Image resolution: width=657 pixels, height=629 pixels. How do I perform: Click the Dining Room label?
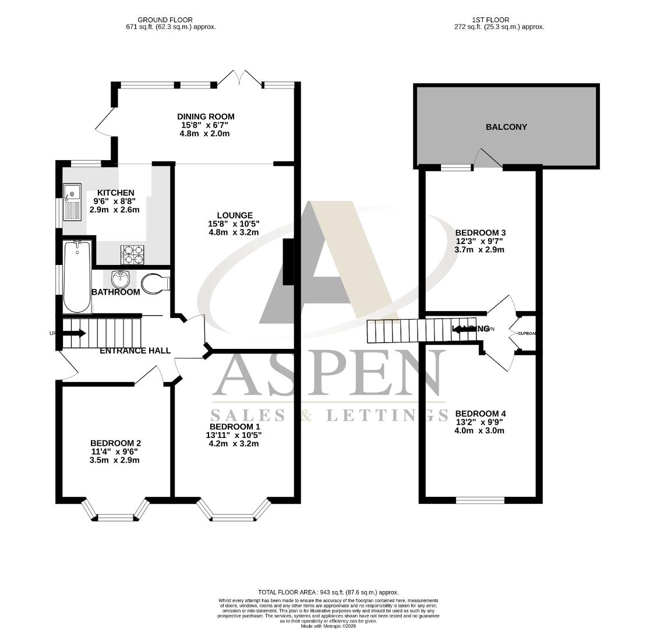click(x=206, y=116)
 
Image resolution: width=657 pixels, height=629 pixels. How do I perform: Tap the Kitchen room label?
click(x=115, y=193)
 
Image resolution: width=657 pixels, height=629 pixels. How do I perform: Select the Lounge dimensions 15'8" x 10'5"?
click(x=233, y=224)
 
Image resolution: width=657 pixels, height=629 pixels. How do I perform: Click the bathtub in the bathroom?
click(x=77, y=277)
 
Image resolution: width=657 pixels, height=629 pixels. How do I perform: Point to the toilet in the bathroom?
click(x=154, y=284)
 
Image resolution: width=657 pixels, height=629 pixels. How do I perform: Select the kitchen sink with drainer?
click(x=72, y=202)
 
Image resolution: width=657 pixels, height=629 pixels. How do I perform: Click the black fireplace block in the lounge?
click(x=288, y=262)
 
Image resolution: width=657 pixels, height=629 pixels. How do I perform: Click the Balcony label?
click(x=506, y=127)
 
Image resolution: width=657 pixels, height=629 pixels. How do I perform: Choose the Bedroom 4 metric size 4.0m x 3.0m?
click(x=479, y=431)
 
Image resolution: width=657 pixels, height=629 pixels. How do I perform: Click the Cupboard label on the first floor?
click(x=526, y=333)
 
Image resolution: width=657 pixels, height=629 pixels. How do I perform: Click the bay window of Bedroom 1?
click(x=234, y=515)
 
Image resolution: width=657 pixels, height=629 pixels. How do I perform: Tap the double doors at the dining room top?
click(x=240, y=79)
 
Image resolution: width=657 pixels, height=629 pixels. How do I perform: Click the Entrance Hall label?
click(x=135, y=351)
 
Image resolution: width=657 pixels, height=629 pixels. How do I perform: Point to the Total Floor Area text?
click(x=328, y=592)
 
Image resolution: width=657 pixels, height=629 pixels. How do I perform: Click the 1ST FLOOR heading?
click(x=499, y=20)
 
